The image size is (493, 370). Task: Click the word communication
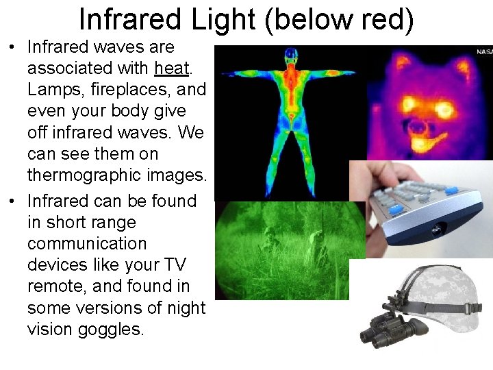click(x=87, y=244)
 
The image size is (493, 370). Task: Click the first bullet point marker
click(x=12, y=48)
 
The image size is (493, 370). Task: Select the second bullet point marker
click(x=12, y=201)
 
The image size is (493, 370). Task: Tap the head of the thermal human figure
click(x=291, y=55)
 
